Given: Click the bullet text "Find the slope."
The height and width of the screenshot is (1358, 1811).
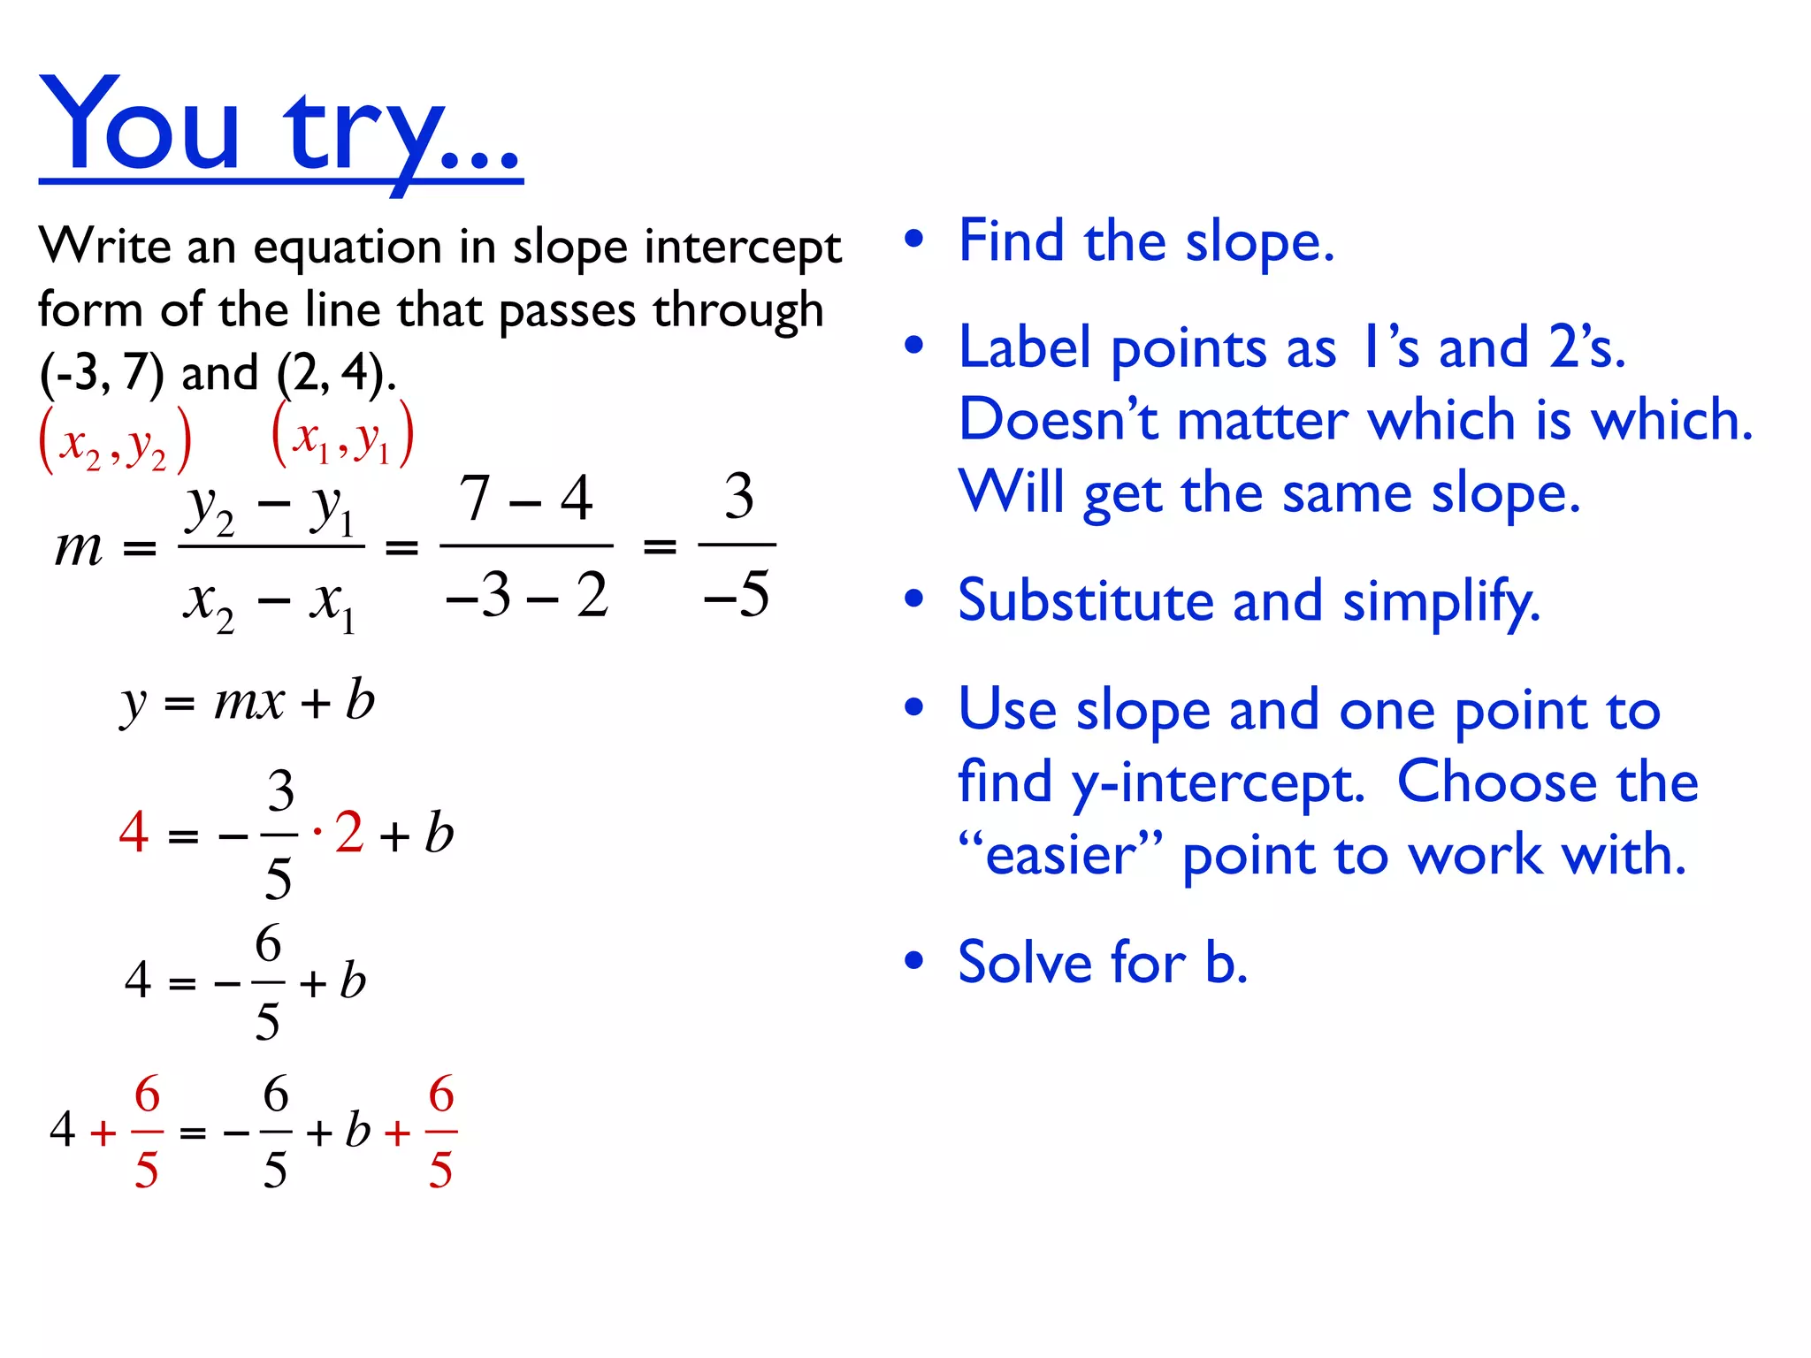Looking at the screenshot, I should [1146, 241].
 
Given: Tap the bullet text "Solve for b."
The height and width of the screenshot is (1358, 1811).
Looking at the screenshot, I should [1103, 962].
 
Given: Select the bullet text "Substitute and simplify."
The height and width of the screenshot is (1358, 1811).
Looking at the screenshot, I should [1249, 601].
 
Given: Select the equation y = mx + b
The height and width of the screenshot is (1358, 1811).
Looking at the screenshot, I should [248, 703].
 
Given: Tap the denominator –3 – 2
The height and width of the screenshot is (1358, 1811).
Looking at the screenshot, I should [527, 594].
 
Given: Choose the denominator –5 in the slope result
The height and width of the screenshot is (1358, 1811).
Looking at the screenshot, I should [737, 594].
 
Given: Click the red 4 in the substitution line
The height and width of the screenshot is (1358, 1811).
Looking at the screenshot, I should [134, 832].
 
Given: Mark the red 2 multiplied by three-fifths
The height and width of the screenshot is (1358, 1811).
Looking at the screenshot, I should [349, 832].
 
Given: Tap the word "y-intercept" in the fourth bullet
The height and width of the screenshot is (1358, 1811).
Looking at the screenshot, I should [1218, 783].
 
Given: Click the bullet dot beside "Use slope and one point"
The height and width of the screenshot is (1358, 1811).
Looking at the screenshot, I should [914, 707].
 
